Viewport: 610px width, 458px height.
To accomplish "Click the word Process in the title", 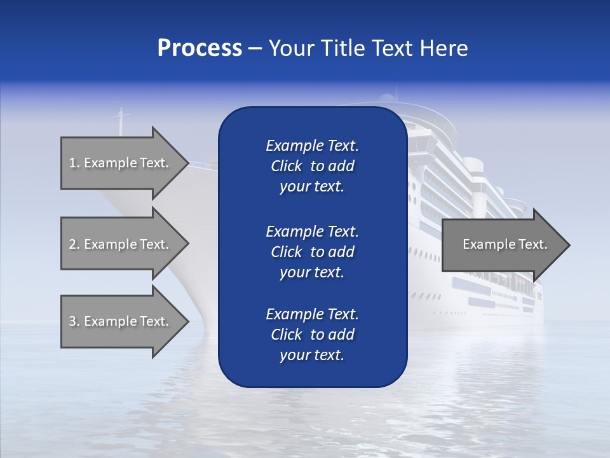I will (x=200, y=48).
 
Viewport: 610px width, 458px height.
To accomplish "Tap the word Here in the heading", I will (x=443, y=48).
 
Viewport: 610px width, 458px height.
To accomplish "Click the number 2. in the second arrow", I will (x=74, y=244).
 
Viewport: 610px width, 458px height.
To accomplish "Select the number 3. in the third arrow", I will (x=74, y=321).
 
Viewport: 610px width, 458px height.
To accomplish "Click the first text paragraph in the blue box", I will (x=312, y=166).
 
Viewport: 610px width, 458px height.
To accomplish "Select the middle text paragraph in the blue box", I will (x=312, y=251).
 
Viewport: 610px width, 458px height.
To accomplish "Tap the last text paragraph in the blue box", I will (x=312, y=335).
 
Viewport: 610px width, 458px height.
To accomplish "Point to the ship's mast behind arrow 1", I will (x=121, y=121).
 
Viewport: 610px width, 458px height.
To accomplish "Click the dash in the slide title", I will (x=255, y=48).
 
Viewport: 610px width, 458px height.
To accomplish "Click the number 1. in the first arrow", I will (x=74, y=163).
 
